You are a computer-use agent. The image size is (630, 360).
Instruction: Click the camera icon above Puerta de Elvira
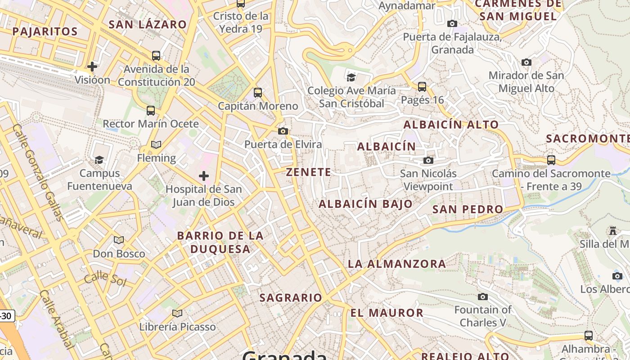tap(283, 131)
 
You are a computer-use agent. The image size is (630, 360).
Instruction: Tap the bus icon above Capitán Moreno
tap(258, 93)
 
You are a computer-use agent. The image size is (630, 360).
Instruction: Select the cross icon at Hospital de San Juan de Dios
tap(204, 175)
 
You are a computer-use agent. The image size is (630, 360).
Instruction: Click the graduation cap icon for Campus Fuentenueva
tap(99, 160)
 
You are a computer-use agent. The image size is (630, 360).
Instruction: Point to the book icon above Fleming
tap(156, 144)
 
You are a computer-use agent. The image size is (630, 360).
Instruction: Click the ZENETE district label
tap(309, 172)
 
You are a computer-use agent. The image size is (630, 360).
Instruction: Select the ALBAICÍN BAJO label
tap(366, 204)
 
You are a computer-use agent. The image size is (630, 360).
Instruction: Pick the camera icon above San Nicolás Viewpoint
tap(428, 160)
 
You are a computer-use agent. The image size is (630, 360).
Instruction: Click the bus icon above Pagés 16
tap(422, 86)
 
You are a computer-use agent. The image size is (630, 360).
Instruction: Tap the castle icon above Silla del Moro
tap(612, 231)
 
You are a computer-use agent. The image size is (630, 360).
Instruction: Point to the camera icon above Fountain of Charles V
tap(483, 297)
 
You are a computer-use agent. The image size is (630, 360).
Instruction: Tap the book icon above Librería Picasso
tap(177, 313)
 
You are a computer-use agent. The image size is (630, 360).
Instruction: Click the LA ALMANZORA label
tap(397, 264)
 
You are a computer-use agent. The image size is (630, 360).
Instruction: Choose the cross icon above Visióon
tap(92, 67)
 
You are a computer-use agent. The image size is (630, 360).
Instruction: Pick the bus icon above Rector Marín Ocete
tap(151, 110)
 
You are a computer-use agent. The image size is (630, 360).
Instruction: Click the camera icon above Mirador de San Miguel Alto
tap(526, 62)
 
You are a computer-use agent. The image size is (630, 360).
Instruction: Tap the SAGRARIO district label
tap(291, 297)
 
